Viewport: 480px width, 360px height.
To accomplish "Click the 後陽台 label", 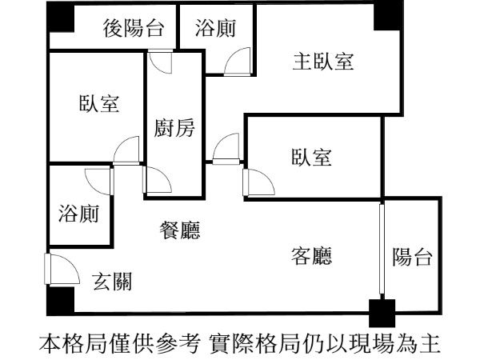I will pos(134,30).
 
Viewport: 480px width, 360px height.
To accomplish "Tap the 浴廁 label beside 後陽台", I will pos(215,30).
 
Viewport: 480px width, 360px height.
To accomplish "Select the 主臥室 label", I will pos(323,61).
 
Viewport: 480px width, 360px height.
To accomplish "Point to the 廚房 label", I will pos(174,128).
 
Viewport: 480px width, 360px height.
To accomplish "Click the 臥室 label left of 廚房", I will pos(99,104).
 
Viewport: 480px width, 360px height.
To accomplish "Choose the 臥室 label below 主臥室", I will pos(311,157).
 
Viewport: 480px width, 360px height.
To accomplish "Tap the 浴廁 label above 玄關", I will pos(78,214).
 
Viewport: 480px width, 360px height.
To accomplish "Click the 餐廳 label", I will pos(180,231).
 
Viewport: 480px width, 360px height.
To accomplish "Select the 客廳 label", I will pos(311,256).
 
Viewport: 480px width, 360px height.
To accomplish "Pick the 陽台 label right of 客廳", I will pos(413,257).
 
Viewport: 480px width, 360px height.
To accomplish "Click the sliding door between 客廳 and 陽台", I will pos(382,250).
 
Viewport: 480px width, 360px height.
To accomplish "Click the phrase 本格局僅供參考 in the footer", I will pos(121,343).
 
